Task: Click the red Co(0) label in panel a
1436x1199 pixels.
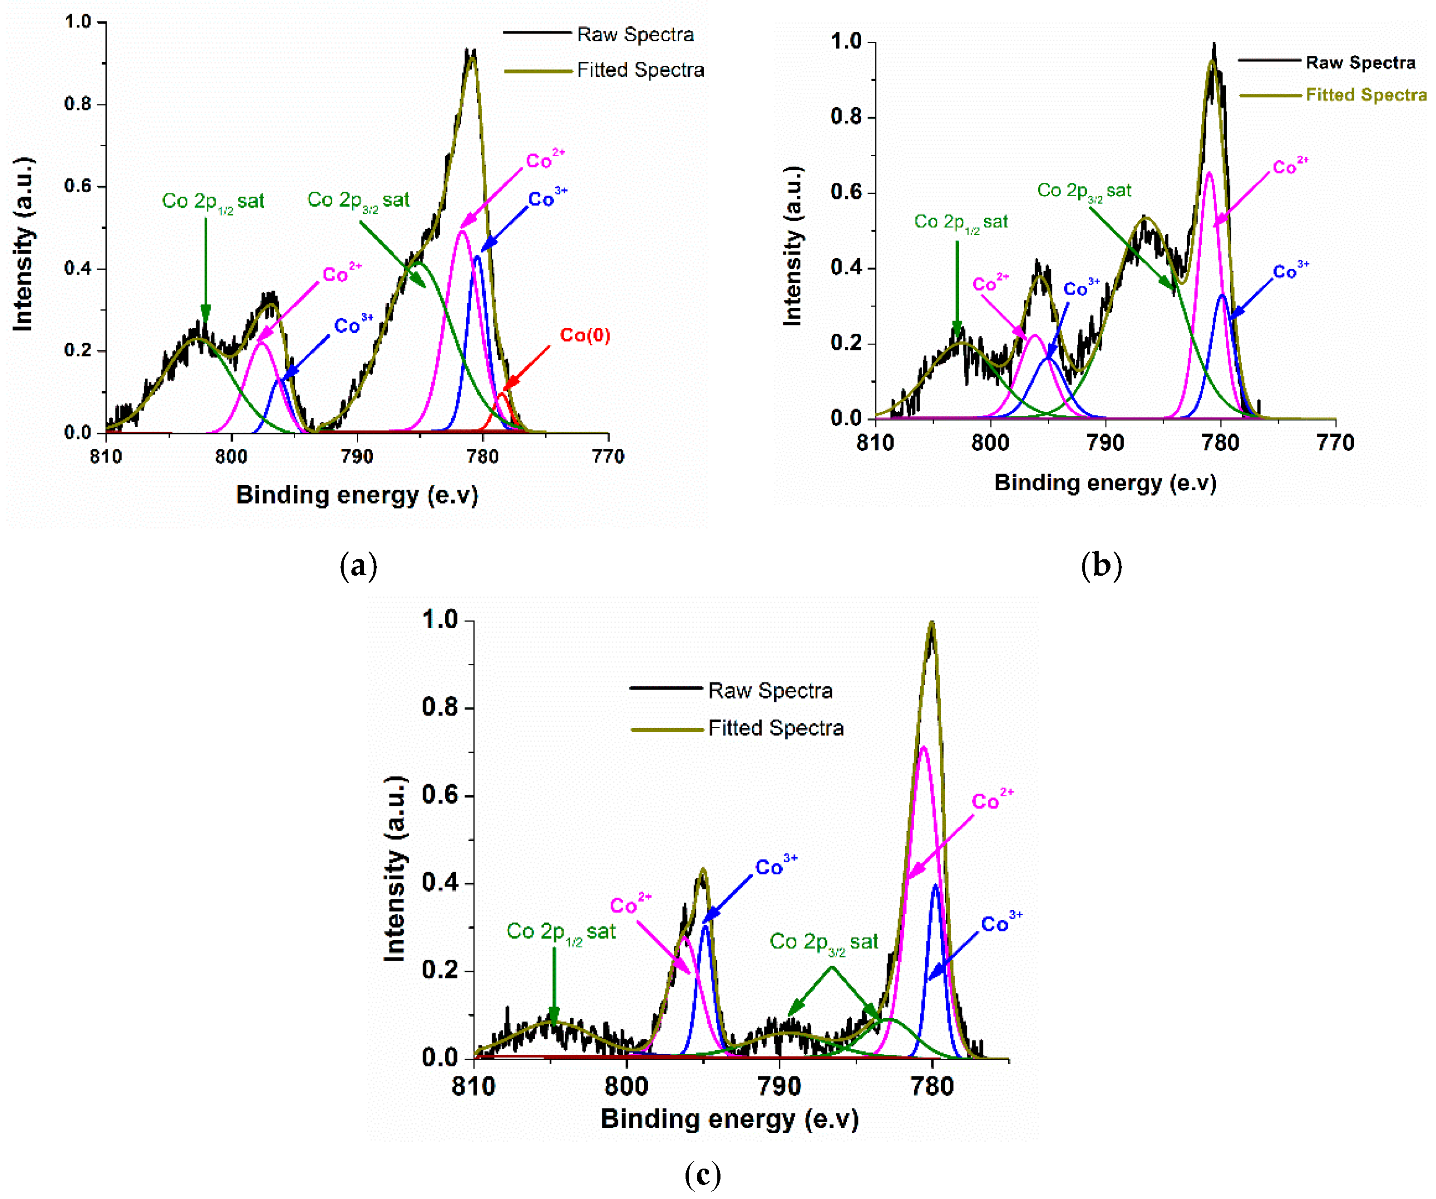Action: (x=585, y=335)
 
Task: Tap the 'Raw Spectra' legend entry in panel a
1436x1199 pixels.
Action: (x=635, y=34)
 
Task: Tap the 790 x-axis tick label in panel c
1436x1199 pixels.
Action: (x=779, y=1086)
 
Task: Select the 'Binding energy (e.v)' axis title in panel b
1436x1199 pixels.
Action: (x=1105, y=483)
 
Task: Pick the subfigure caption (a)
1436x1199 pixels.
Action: (x=358, y=566)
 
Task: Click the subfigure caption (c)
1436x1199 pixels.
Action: (x=702, y=1174)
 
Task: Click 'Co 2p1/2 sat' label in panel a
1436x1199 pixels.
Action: (x=212, y=202)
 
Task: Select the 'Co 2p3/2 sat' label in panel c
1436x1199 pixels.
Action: (x=823, y=942)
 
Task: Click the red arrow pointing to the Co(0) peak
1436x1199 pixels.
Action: (x=527, y=368)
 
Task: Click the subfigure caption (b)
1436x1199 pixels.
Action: (x=1101, y=566)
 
